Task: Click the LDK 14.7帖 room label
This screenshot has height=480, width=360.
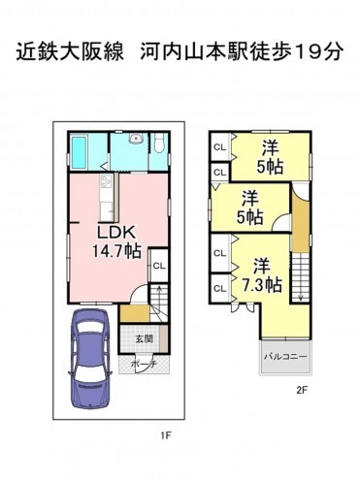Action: [116, 241]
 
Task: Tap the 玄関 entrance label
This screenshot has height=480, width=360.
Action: [144, 339]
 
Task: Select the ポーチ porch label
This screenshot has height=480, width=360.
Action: [144, 364]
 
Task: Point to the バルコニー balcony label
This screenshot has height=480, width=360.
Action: [285, 357]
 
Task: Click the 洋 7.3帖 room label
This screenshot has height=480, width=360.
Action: [262, 275]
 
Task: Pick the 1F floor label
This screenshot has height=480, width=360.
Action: [166, 435]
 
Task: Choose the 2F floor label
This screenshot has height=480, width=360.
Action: [301, 390]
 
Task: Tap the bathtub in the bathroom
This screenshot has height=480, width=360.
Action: [79, 152]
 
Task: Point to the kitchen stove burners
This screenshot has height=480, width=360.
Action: [106, 182]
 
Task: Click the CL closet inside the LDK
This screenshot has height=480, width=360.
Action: [159, 266]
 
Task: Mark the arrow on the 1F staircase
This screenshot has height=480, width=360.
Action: [159, 294]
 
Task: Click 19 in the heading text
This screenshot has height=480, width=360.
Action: [308, 51]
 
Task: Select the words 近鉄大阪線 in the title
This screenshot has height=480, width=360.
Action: [70, 51]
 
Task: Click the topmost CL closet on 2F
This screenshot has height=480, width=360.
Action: [220, 147]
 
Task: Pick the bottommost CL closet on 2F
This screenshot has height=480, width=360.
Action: [220, 288]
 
